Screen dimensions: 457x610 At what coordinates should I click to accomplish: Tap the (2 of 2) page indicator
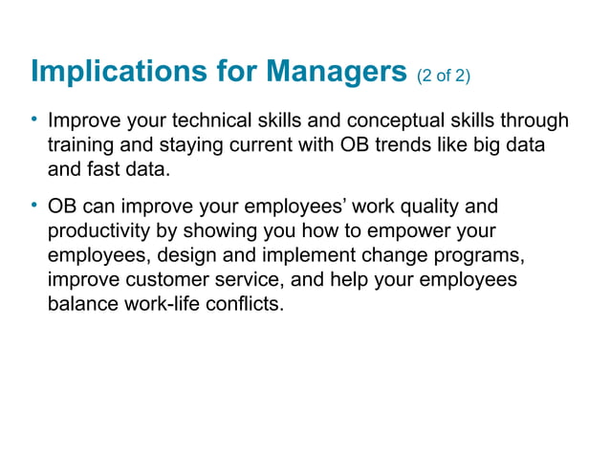click(x=444, y=76)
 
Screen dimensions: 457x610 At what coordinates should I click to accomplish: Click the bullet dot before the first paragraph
click(x=34, y=120)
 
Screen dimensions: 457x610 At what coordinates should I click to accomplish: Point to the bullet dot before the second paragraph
click(x=34, y=206)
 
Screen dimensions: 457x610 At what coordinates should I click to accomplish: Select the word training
click(x=81, y=148)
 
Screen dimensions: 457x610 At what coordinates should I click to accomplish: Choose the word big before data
click(x=489, y=148)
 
